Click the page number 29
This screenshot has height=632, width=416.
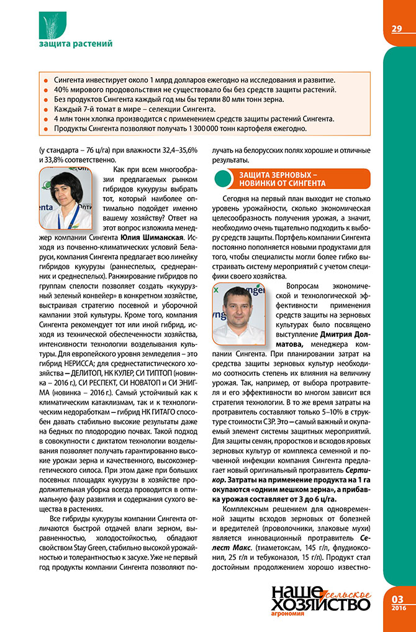point(397,29)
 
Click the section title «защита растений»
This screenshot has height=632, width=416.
point(75,44)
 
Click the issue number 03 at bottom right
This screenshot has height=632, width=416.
point(398,598)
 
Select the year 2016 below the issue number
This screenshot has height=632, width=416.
point(398,608)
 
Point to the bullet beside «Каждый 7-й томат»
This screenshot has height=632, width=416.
point(44,109)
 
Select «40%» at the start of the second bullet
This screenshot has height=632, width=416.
point(62,89)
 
